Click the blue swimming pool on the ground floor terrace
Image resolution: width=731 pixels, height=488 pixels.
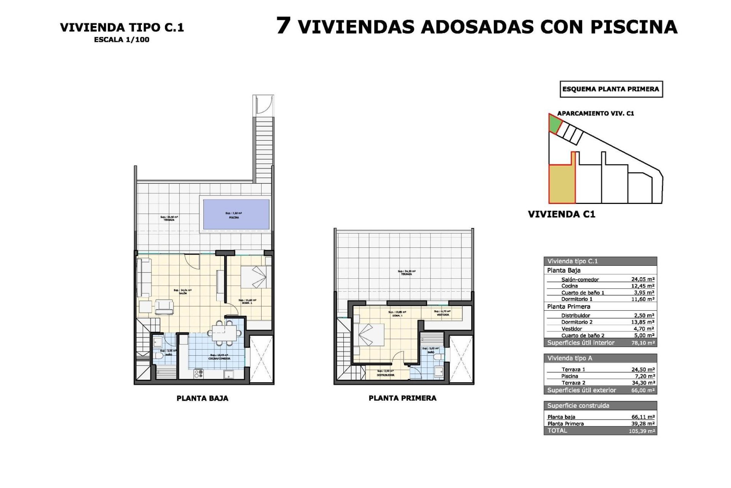coord(236,214)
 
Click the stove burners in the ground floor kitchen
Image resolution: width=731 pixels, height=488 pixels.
coord(199,374)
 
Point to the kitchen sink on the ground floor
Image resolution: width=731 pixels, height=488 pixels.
coord(229,374)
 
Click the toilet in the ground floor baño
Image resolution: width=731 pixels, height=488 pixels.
coord(159,356)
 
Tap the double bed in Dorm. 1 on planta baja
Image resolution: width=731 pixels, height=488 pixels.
coord(255,277)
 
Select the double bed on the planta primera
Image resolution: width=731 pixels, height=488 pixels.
coord(369,335)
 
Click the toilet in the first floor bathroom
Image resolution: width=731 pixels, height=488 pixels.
coord(439,356)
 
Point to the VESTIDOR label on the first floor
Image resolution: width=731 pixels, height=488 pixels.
coord(443,315)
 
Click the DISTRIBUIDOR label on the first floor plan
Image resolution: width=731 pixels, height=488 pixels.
coord(385,375)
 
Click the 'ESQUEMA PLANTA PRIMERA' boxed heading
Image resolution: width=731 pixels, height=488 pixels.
coord(611,89)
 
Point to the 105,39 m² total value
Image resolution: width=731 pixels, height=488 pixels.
coord(642,431)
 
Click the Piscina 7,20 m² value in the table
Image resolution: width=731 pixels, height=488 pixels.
coord(644,376)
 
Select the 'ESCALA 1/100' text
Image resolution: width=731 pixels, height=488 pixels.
coord(121,40)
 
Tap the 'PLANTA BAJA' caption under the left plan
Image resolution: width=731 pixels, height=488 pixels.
coord(202,398)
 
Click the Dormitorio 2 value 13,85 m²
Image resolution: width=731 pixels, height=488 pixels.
coord(643,322)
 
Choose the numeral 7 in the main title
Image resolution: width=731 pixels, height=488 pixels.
coord(284,26)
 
